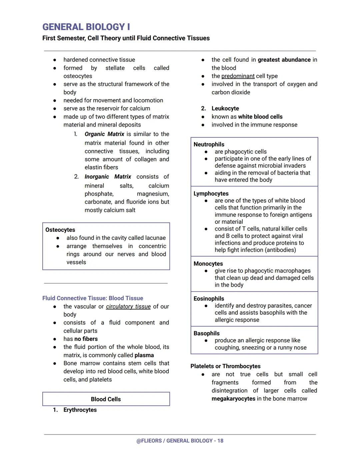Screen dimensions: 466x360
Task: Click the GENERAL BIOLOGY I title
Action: [86, 27]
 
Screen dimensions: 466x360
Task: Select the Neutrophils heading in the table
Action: [209, 144]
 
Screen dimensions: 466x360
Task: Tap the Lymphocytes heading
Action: [211, 193]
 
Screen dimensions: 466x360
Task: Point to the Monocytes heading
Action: [208, 264]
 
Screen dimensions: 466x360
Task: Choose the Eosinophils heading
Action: [209, 299]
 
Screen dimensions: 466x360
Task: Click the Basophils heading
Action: [206, 333]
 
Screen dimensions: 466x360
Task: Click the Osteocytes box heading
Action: [60, 230]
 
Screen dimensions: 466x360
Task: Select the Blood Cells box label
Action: [106, 399]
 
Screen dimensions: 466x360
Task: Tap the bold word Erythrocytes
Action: [80, 410]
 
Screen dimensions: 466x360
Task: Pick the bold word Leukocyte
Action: [225, 108]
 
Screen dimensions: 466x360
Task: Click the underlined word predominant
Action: [238, 76]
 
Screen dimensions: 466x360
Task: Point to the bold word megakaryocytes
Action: [233, 399]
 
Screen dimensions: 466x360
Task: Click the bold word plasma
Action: [144, 355]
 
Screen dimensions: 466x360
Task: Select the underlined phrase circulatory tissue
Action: [128, 307]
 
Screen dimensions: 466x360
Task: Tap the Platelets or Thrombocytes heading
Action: [225, 366]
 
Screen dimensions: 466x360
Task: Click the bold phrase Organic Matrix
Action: [104, 134]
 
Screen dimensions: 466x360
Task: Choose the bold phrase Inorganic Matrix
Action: [108, 177]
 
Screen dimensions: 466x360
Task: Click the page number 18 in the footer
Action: [220, 441]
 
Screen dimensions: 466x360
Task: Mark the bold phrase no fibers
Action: [86, 339]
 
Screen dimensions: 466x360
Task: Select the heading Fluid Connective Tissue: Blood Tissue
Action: [93, 298]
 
